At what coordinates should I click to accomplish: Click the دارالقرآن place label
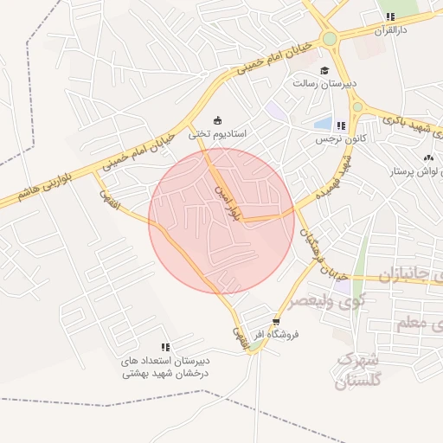(391, 29)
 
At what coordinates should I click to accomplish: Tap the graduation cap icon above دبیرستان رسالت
(324, 71)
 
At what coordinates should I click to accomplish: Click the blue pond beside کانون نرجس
(323, 124)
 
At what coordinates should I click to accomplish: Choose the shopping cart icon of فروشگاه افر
(276, 320)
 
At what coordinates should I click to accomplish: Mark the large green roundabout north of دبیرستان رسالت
(330, 39)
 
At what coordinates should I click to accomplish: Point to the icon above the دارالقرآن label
(391, 16)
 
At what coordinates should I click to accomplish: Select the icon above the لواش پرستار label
(427, 158)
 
